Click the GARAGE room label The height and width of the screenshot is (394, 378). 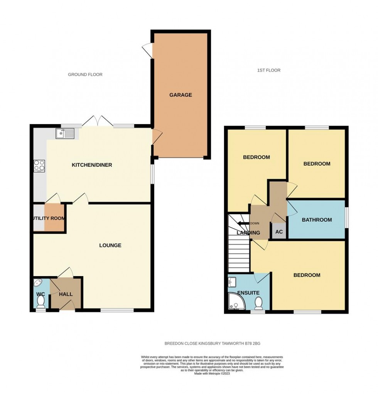[x=180, y=95]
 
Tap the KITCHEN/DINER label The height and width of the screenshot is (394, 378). [x=92, y=165]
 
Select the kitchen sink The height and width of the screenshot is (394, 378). [x=65, y=134]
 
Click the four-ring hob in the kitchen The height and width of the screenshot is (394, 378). [x=39, y=165]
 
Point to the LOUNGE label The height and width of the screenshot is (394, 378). [x=110, y=245]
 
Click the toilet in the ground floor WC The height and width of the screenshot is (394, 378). [x=40, y=303]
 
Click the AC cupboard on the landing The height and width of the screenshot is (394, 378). [x=279, y=231]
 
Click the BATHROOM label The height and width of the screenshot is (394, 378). [x=317, y=220]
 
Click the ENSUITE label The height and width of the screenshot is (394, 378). [x=248, y=293]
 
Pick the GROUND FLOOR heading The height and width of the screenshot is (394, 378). [x=85, y=74]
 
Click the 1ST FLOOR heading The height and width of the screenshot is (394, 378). [x=268, y=70]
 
